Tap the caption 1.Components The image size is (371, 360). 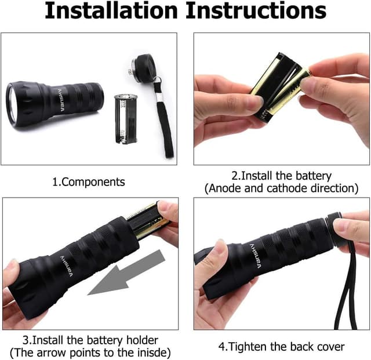tap(89, 181)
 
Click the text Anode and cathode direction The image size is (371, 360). tap(281, 188)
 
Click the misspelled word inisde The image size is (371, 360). tap(152, 352)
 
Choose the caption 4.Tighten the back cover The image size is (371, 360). tap(281, 346)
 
